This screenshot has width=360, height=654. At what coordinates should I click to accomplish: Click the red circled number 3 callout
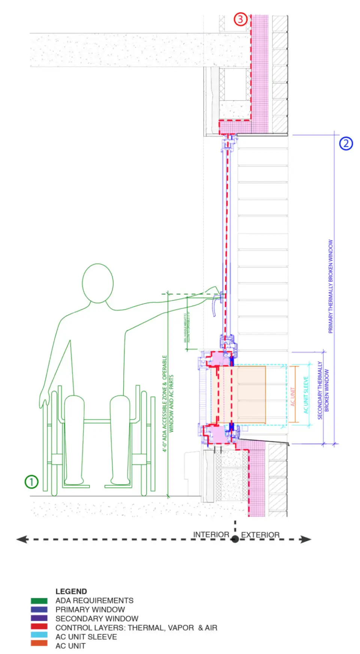[240, 19]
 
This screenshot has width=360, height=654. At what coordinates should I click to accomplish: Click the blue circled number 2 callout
[346, 143]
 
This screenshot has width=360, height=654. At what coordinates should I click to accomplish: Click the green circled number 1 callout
[31, 482]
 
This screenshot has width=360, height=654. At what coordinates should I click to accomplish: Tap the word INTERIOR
[211, 535]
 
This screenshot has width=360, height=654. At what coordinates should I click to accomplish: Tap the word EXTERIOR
[260, 535]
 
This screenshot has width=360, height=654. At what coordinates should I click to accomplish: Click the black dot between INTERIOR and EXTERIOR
[235, 539]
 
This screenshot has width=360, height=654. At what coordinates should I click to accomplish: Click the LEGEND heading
[71, 591]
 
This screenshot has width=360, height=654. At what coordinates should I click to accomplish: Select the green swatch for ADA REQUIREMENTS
[39, 601]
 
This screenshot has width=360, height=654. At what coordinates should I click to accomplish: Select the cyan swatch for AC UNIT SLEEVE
[39, 635]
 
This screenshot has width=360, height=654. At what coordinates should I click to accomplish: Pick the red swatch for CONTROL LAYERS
[39, 626]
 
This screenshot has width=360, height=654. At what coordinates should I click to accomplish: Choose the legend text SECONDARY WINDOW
[97, 618]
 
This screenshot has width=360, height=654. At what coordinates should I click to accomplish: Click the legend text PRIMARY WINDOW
[90, 610]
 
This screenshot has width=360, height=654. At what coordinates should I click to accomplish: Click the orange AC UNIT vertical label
[293, 397]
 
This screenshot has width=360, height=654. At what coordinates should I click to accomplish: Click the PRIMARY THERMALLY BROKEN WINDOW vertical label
[330, 287]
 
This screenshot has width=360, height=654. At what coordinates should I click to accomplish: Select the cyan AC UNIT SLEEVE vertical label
[306, 395]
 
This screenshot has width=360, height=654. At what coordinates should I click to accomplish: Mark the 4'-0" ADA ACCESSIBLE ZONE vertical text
[165, 403]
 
